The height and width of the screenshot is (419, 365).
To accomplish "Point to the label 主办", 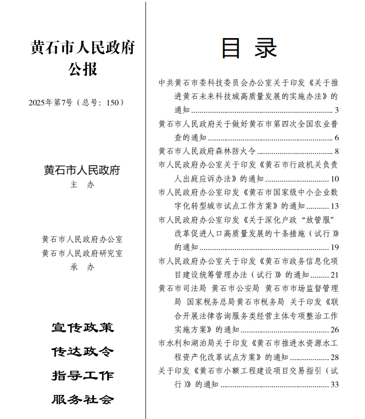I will tap(83, 185).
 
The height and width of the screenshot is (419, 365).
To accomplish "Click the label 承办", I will tap(83, 267).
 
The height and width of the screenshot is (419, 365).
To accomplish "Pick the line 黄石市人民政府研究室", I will tap(83, 253).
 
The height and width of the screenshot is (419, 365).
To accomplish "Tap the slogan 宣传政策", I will tap(83, 328).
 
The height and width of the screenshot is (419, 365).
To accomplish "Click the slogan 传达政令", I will tap(83, 352).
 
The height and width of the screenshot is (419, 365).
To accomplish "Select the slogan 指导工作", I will tap(83, 376).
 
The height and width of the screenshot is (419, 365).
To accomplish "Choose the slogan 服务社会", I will tap(83, 400).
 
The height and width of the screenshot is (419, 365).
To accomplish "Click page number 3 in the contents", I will tap(336, 110).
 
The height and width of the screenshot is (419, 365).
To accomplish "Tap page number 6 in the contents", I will tap(336, 138).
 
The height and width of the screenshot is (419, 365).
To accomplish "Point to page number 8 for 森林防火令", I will tap(336, 151).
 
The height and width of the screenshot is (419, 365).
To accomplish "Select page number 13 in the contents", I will tap(334, 206).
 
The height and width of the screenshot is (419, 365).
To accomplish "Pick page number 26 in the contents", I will tap(334, 330).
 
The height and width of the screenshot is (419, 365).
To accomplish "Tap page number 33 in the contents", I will tap(334, 385).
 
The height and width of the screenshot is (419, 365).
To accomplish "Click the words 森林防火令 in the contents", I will tap(237, 151).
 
